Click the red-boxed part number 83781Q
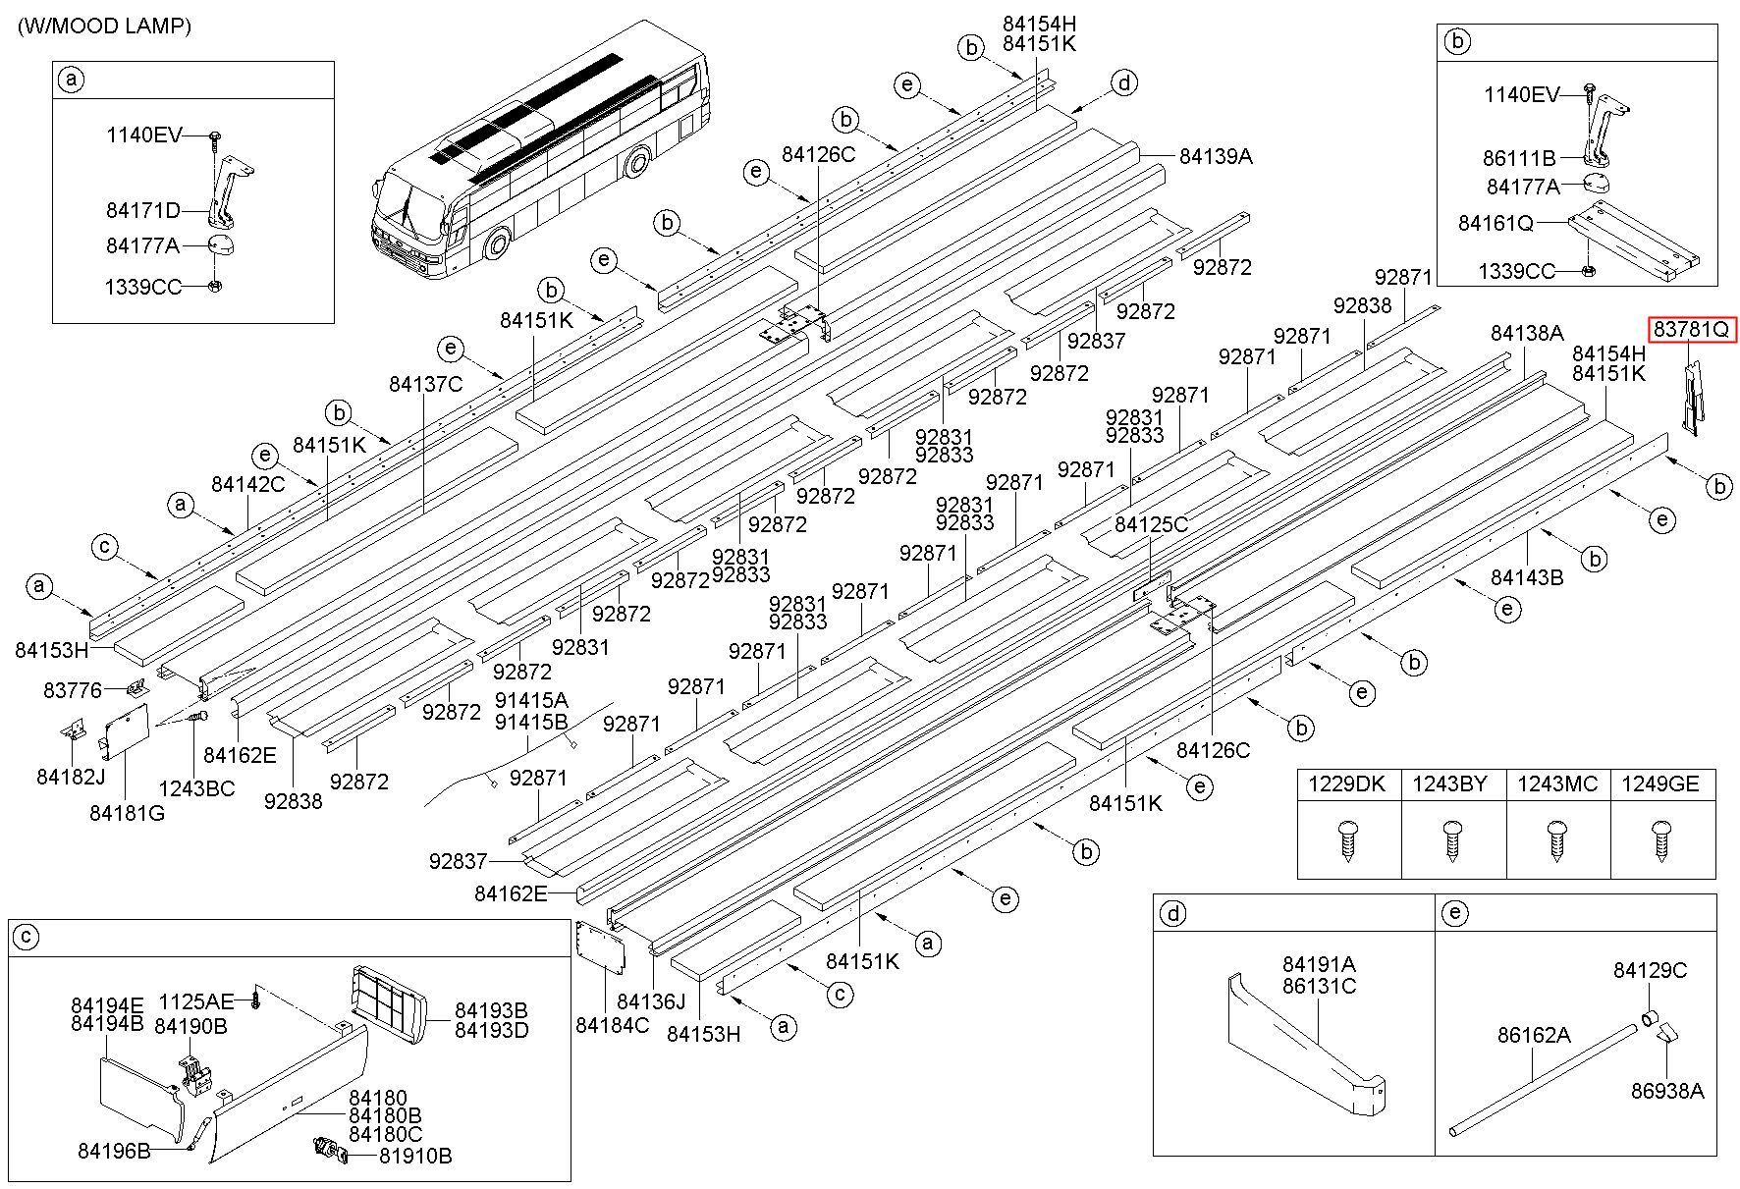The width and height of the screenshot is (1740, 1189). tap(1691, 330)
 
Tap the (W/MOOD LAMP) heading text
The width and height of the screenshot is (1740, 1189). tap(103, 27)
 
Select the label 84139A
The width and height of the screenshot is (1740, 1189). tap(1216, 156)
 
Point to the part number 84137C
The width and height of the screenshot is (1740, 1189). tap(425, 384)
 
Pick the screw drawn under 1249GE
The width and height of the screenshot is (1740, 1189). tap(1660, 841)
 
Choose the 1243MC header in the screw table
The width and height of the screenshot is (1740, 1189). tap(1557, 784)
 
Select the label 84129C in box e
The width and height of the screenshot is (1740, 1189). tap(1650, 970)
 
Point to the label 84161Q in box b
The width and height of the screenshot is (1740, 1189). tap(1495, 224)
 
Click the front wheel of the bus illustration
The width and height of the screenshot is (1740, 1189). tap(499, 245)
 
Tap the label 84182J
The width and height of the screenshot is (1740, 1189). tap(71, 777)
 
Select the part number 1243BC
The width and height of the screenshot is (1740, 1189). tap(196, 788)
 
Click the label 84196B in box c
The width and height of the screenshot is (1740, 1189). tap(114, 1151)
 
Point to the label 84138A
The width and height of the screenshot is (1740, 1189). tap(1527, 333)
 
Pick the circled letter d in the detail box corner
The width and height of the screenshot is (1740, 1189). tap(1172, 913)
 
